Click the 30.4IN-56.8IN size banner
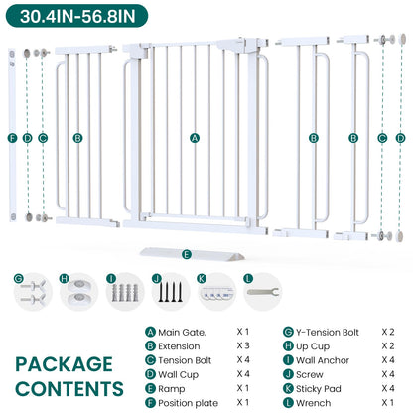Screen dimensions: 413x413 coord(76,16)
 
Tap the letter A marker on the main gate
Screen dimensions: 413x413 coord(195,138)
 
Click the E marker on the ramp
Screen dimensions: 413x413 coord(187,254)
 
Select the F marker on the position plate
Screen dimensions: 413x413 coord(13,138)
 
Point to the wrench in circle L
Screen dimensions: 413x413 coord(263,292)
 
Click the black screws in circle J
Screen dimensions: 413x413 coord(170,292)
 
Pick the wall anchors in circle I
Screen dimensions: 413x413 coord(124,293)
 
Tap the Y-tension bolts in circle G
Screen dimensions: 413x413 coord(33,292)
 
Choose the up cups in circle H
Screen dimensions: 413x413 coord(79,291)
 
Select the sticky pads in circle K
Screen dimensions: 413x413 coord(216,294)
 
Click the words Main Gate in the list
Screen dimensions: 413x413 coord(182,332)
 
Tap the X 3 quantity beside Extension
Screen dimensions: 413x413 coord(243,345)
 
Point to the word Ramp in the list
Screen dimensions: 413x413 coord(171,389)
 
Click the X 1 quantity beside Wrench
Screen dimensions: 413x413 coord(388,402)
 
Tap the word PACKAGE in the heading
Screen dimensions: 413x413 coord(65,364)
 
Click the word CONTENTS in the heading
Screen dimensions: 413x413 coord(69,389)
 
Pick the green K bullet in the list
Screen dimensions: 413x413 coord(288,388)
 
